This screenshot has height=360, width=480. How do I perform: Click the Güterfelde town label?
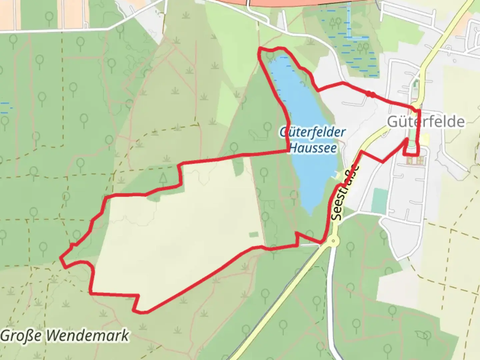(426, 122)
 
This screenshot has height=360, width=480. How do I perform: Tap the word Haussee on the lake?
(313, 148)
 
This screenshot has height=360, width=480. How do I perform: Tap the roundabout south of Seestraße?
(332, 241)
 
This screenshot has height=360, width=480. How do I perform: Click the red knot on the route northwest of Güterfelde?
(370, 94)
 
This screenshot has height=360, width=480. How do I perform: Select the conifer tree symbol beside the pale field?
(163, 179)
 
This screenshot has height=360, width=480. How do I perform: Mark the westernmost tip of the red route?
(61, 257)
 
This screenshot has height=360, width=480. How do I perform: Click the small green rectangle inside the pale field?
(253, 235)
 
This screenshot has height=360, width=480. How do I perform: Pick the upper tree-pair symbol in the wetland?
(335, 22)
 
